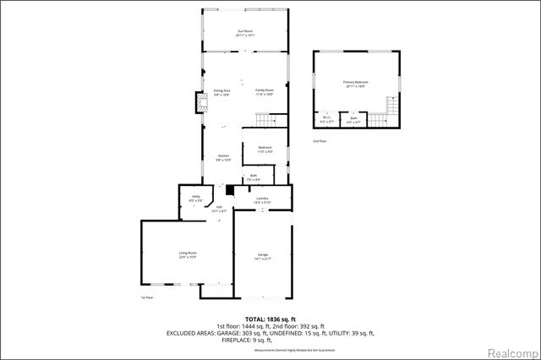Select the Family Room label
265,92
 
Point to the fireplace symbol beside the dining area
200,103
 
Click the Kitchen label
223,158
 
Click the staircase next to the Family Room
270,121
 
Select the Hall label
218,209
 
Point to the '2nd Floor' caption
320,141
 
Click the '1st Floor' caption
147,297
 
